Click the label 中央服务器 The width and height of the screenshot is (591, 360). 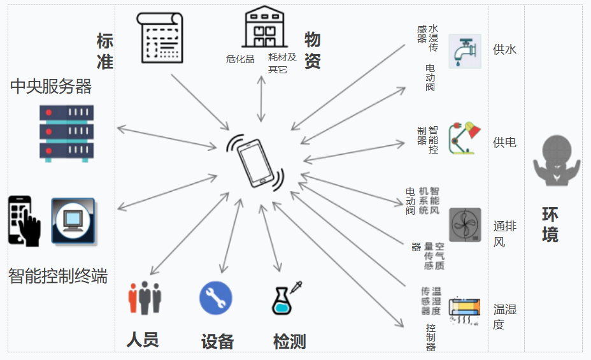point(51,87)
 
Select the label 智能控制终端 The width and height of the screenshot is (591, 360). point(57,276)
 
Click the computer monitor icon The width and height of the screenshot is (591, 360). point(73,221)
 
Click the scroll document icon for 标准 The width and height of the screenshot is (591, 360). point(160,38)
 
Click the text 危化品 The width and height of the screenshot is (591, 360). point(240,59)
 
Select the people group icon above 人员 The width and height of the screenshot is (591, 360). point(145,298)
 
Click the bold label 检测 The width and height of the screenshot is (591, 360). point(289,342)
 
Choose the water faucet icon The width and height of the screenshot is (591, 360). point(464,52)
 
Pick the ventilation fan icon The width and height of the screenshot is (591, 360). point(465,224)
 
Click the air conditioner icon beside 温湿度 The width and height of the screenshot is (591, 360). point(464,311)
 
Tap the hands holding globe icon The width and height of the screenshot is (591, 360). point(556,161)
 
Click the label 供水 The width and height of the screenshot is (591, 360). point(504,50)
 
